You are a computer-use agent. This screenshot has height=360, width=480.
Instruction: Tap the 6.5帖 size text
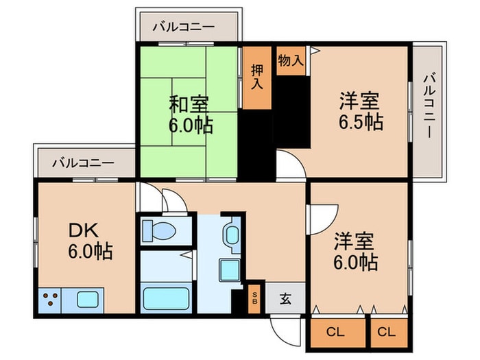(359, 123)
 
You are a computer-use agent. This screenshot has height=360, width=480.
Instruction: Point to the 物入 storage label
(291, 60)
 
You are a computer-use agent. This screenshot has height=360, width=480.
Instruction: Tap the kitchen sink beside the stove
(87, 299)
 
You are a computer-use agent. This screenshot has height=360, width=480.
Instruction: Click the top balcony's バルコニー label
(183, 27)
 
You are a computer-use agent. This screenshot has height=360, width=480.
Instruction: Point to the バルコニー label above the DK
(83, 163)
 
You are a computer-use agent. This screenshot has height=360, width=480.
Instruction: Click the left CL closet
(335, 333)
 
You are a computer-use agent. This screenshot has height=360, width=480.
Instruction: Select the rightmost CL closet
(387, 333)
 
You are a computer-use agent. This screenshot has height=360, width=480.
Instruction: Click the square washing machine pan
(230, 269)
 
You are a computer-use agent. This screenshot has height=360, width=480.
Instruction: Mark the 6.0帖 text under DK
(90, 252)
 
